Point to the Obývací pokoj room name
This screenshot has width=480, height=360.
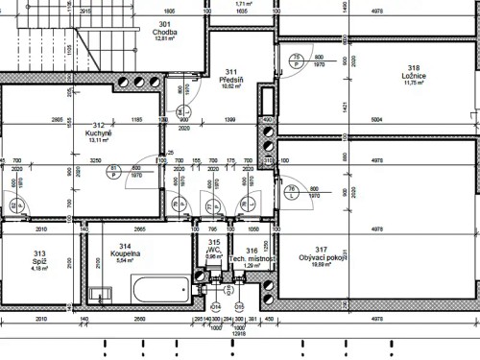(x=322, y=257)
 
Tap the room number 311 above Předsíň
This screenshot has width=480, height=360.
(x=230, y=72)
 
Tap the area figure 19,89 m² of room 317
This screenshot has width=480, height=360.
(x=322, y=265)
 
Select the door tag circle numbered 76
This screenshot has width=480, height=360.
(x=292, y=190)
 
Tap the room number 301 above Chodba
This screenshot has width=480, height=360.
(x=165, y=23)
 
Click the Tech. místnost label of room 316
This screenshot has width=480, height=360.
(x=252, y=259)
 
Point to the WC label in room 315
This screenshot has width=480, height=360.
(x=213, y=250)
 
